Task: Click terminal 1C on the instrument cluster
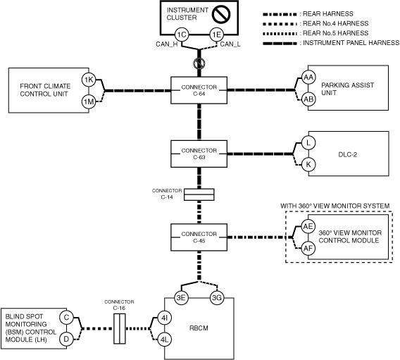182,35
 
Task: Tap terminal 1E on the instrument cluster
217,35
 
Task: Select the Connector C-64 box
199,90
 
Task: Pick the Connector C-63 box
199,154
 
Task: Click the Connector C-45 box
199,237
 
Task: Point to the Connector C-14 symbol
199,194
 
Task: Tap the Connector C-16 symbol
120,328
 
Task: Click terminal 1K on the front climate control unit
89,80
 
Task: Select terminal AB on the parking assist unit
308,99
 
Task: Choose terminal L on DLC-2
308,142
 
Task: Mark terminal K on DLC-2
308,165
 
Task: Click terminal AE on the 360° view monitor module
308,226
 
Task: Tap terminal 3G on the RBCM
217,298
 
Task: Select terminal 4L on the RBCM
164,340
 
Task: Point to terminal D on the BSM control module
66,340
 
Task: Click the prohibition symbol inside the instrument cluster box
221,14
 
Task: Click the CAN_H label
167,44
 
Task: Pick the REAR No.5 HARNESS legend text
335,33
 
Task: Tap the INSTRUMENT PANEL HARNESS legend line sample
280,44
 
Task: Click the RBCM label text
199,328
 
